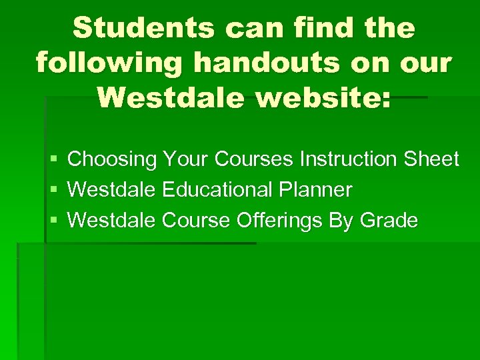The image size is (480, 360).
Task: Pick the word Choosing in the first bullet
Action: [x=113, y=159]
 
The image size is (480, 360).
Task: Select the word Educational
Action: [x=218, y=189]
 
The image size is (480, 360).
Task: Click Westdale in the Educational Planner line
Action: [x=112, y=189]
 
